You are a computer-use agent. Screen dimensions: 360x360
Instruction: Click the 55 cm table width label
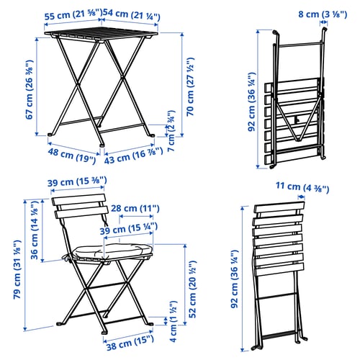(x=73, y=15)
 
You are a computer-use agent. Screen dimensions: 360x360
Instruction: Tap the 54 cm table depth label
(x=132, y=15)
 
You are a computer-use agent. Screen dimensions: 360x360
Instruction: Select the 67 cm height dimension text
(x=30, y=89)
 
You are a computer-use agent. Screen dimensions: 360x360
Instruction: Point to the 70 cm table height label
(x=190, y=86)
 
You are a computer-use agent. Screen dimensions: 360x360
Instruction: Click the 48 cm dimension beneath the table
(x=72, y=155)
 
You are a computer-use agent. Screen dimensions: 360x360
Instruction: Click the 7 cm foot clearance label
(x=172, y=131)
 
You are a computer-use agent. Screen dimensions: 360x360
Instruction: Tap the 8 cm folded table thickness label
(x=323, y=14)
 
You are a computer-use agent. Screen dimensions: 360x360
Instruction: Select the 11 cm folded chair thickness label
(x=302, y=187)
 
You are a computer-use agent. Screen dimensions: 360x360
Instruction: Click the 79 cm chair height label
(x=17, y=269)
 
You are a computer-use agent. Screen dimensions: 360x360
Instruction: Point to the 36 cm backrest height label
(x=35, y=230)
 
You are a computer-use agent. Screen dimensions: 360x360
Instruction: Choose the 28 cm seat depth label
(x=135, y=208)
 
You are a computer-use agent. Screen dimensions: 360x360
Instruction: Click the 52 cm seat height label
(x=192, y=289)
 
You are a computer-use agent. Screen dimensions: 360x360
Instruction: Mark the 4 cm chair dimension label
(x=174, y=321)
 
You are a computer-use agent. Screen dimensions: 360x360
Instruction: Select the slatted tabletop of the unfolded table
(x=102, y=35)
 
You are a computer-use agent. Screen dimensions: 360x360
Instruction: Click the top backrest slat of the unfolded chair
(x=78, y=199)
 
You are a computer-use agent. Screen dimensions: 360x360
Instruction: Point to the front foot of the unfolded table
(x=102, y=145)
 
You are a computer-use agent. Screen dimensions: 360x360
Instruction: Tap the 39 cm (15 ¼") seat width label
(x=129, y=228)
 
